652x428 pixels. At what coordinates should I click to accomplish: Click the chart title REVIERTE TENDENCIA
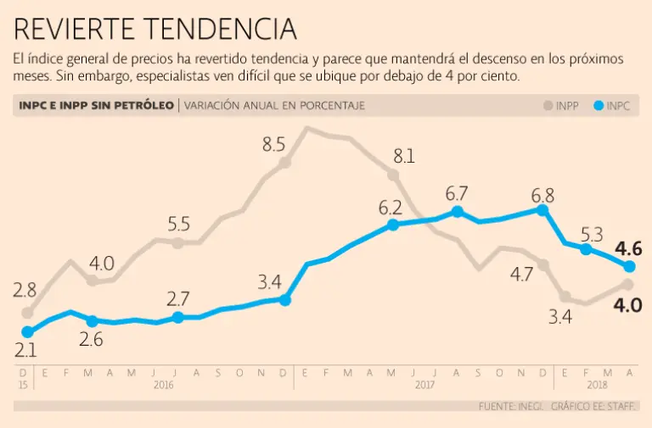pyautogui.click(x=155, y=30)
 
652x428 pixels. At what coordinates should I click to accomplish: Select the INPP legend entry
pyautogui.click(x=561, y=106)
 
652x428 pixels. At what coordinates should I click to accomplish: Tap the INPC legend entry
pyautogui.click(x=612, y=106)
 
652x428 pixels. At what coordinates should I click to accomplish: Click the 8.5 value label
pyautogui.click(x=273, y=144)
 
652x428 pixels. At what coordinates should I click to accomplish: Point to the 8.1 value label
pyautogui.click(x=403, y=156)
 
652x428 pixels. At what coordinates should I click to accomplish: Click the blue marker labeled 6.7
pyautogui.click(x=458, y=212)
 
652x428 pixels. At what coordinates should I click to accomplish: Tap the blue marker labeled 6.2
pyautogui.click(x=393, y=225)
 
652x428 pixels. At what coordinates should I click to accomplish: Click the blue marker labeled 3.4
pyautogui.click(x=285, y=299)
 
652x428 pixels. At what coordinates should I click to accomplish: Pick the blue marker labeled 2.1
pyautogui.click(x=27, y=332)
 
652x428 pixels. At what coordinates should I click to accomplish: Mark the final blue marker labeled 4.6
pyautogui.click(x=629, y=267)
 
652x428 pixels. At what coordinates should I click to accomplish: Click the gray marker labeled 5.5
pyautogui.click(x=178, y=243)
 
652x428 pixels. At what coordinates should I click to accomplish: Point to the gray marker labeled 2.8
pyautogui.click(x=27, y=313)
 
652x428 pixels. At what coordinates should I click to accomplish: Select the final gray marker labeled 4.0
pyautogui.click(x=629, y=284)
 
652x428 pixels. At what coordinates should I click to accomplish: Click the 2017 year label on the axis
pyautogui.click(x=424, y=384)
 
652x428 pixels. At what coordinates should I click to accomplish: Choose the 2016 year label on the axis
pyautogui.click(x=164, y=384)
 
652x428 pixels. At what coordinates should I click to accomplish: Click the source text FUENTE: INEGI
pyautogui.click(x=512, y=407)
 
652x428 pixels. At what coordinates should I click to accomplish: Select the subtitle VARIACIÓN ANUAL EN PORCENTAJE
pyautogui.click(x=274, y=106)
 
